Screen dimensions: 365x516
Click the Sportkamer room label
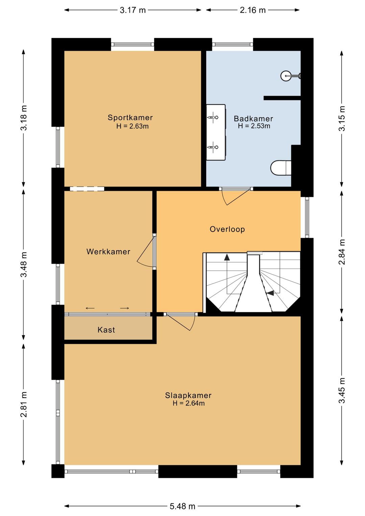click(130, 117)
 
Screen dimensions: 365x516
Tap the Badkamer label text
click(253, 119)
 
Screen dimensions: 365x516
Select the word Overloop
click(227, 229)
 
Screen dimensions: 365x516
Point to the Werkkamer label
click(108, 252)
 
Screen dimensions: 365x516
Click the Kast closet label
click(106, 330)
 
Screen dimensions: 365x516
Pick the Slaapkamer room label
click(188, 396)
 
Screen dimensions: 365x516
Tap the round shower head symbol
click(286, 75)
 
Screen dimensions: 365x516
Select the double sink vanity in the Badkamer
click(216, 132)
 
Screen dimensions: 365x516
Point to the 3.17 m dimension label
click(132, 10)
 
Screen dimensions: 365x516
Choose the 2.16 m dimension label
click(252, 10)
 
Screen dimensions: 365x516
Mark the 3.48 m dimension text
click(24, 264)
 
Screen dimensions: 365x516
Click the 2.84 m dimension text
click(342, 252)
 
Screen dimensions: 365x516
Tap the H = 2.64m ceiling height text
click(189, 403)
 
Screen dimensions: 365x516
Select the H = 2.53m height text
click(254, 126)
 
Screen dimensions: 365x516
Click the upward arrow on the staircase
click(227, 257)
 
